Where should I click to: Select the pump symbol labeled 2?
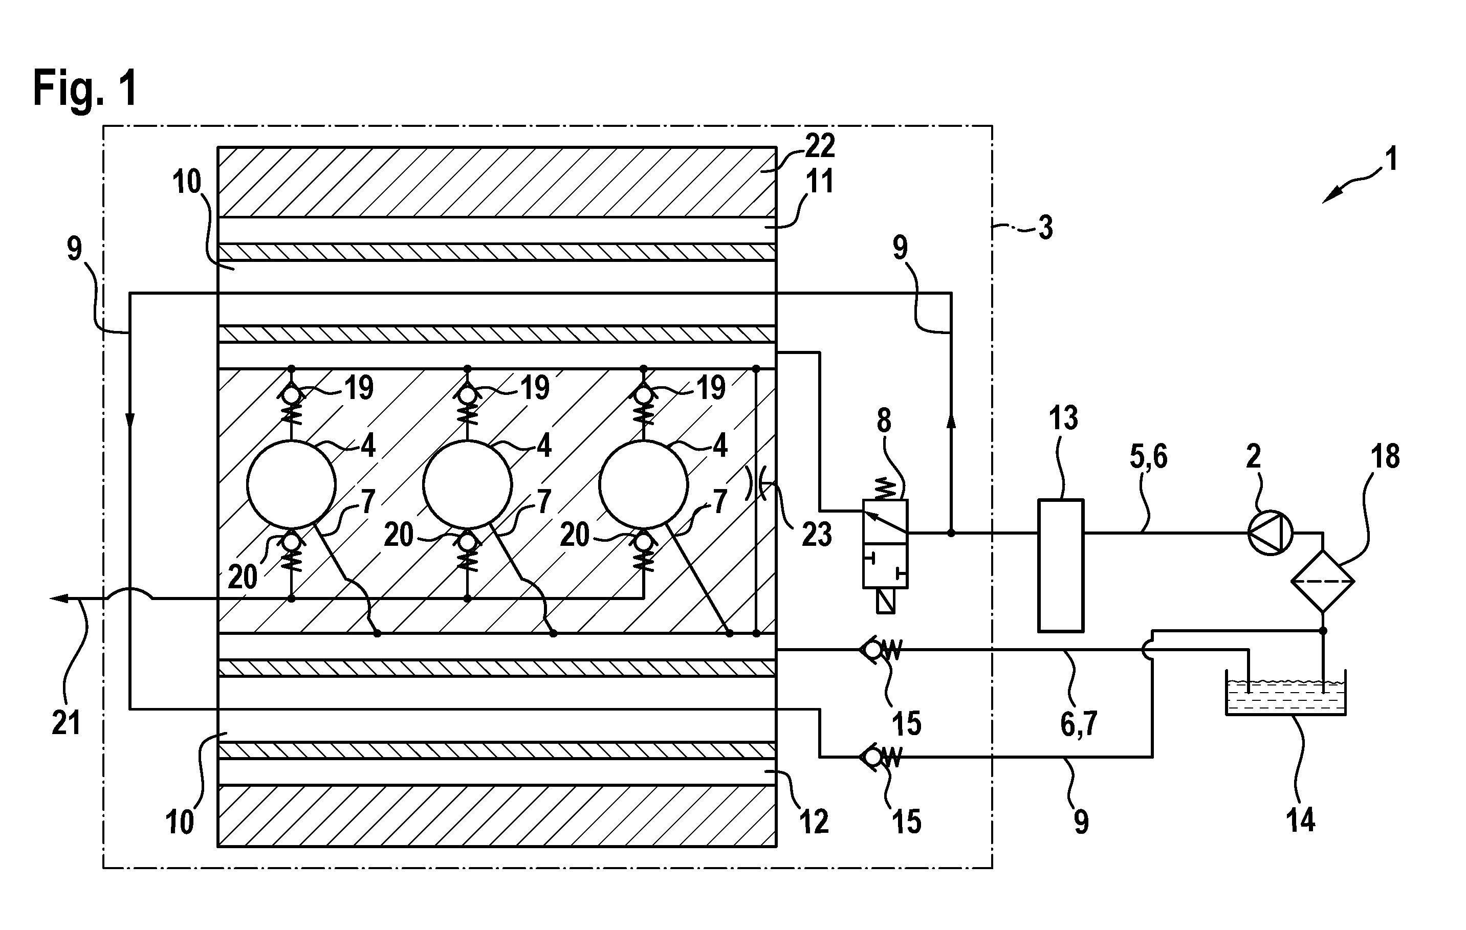pyautogui.click(x=1270, y=533)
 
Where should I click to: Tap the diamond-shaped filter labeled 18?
pyautogui.click(x=1322, y=581)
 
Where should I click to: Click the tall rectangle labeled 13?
pyautogui.click(x=1061, y=565)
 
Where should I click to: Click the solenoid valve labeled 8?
pyautogui.click(x=885, y=544)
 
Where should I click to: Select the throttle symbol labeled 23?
pyautogui.click(x=756, y=483)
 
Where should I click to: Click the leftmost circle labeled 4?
pyautogui.click(x=291, y=484)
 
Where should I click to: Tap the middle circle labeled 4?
pyautogui.click(x=468, y=484)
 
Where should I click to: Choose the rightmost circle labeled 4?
pyautogui.click(x=644, y=484)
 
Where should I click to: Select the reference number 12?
pyautogui.click(x=814, y=822)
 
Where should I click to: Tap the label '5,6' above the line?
pyautogui.click(x=1148, y=456)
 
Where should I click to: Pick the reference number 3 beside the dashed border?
pyautogui.click(x=1045, y=228)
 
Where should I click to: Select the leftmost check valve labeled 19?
pyautogui.click(x=291, y=402)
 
